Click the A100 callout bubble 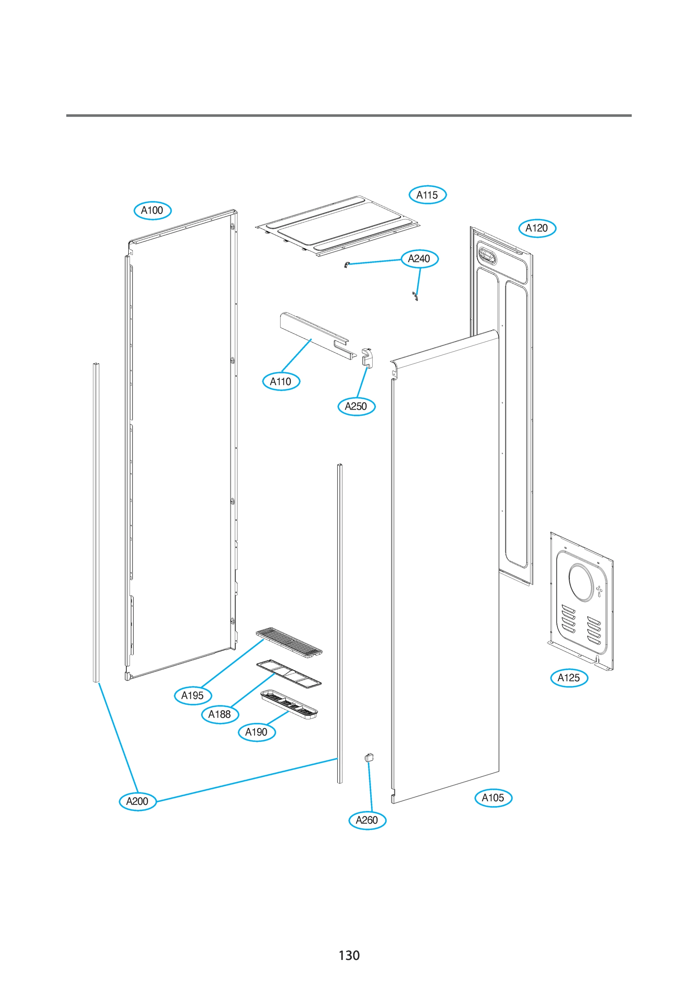coord(152,210)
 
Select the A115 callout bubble coord(427,195)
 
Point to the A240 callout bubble coord(419,259)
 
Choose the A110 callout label coord(281,381)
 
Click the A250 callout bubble coord(356,406)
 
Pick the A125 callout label coord(568,678)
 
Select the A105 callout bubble coord(493,798)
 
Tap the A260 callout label coord(367,820)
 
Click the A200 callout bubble coord(137,801)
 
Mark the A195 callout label coord(192,695)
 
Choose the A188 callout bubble coord(220,714)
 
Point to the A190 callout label coord(256,732)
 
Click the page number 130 coord(349,955)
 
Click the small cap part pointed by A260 coord(369,758)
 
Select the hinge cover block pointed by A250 coord(367,357)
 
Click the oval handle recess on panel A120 coord(487,256)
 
